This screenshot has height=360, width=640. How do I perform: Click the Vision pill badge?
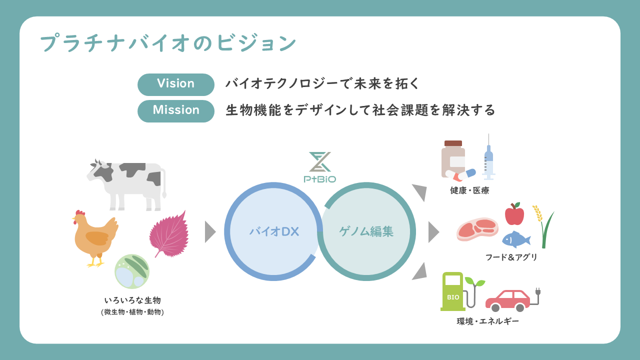pos(175,84)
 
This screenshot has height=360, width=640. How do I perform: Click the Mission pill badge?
pos(175,110)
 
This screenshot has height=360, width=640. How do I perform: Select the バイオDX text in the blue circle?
pos(273,231)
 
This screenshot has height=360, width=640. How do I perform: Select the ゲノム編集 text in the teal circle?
pos(366,231)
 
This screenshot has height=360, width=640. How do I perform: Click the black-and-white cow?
pos(127,182)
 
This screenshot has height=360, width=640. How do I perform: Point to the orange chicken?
pos(95,237)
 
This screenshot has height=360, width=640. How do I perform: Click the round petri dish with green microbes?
pos(132,271)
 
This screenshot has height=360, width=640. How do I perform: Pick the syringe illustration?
pos(488,159)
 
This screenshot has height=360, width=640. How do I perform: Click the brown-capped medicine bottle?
pos(453,159)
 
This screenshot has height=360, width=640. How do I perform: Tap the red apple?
pos(514,214)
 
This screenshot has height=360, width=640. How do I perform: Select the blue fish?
pos(515,240)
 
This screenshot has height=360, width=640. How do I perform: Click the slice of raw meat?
pos(477,229)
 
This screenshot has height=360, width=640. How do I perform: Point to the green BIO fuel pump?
pos(453,291)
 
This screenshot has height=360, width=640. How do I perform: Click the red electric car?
pos(507,299)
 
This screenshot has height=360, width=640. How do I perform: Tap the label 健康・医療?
pos(469,190)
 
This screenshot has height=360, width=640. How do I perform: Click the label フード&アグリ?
pos(511,257)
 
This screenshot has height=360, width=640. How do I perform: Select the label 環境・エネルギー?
pos(487,321)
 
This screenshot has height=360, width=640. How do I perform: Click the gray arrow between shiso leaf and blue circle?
pos(209,231)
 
